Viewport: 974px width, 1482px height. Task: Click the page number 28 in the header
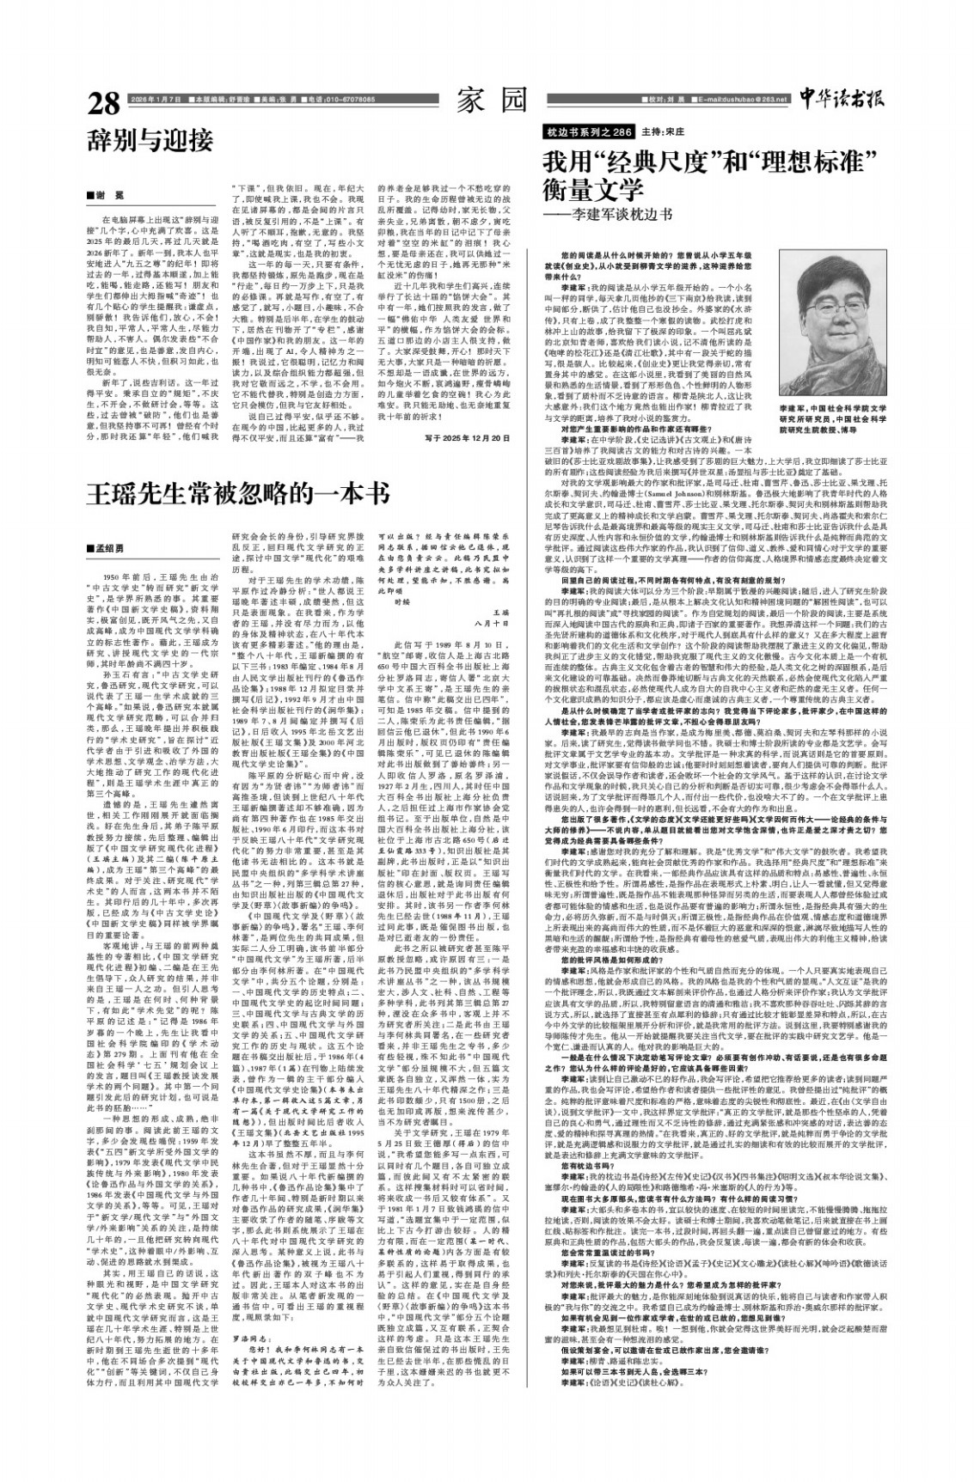[x=104, y=102]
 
